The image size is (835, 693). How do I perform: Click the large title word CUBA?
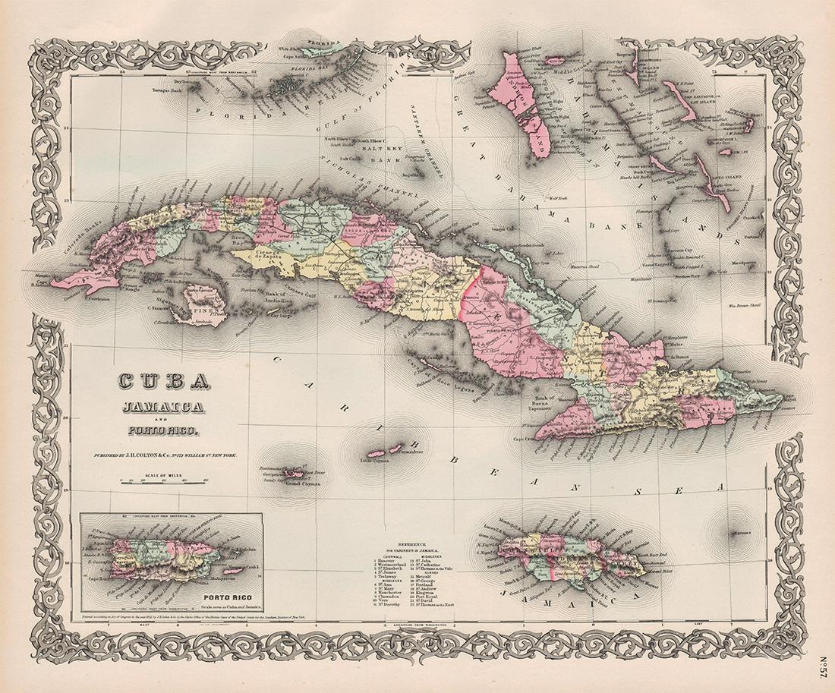pyautogui.click(x=163, y=379)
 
